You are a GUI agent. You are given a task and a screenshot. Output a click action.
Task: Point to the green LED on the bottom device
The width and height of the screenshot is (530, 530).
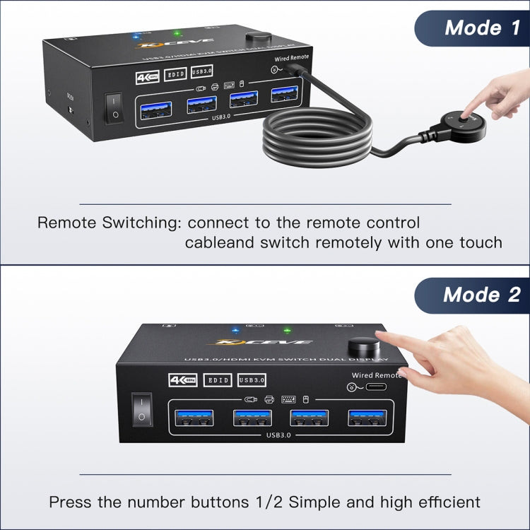tap(287, 330)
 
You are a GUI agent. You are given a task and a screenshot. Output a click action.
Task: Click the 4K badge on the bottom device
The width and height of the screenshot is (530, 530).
tap(183, 380)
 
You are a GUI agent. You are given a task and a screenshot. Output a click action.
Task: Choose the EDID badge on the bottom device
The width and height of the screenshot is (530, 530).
tap(217, 380)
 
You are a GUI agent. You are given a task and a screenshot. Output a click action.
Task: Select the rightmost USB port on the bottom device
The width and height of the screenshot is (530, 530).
tap(365, 418)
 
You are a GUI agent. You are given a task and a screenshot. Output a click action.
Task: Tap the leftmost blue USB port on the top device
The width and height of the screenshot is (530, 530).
tap(155, 110)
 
